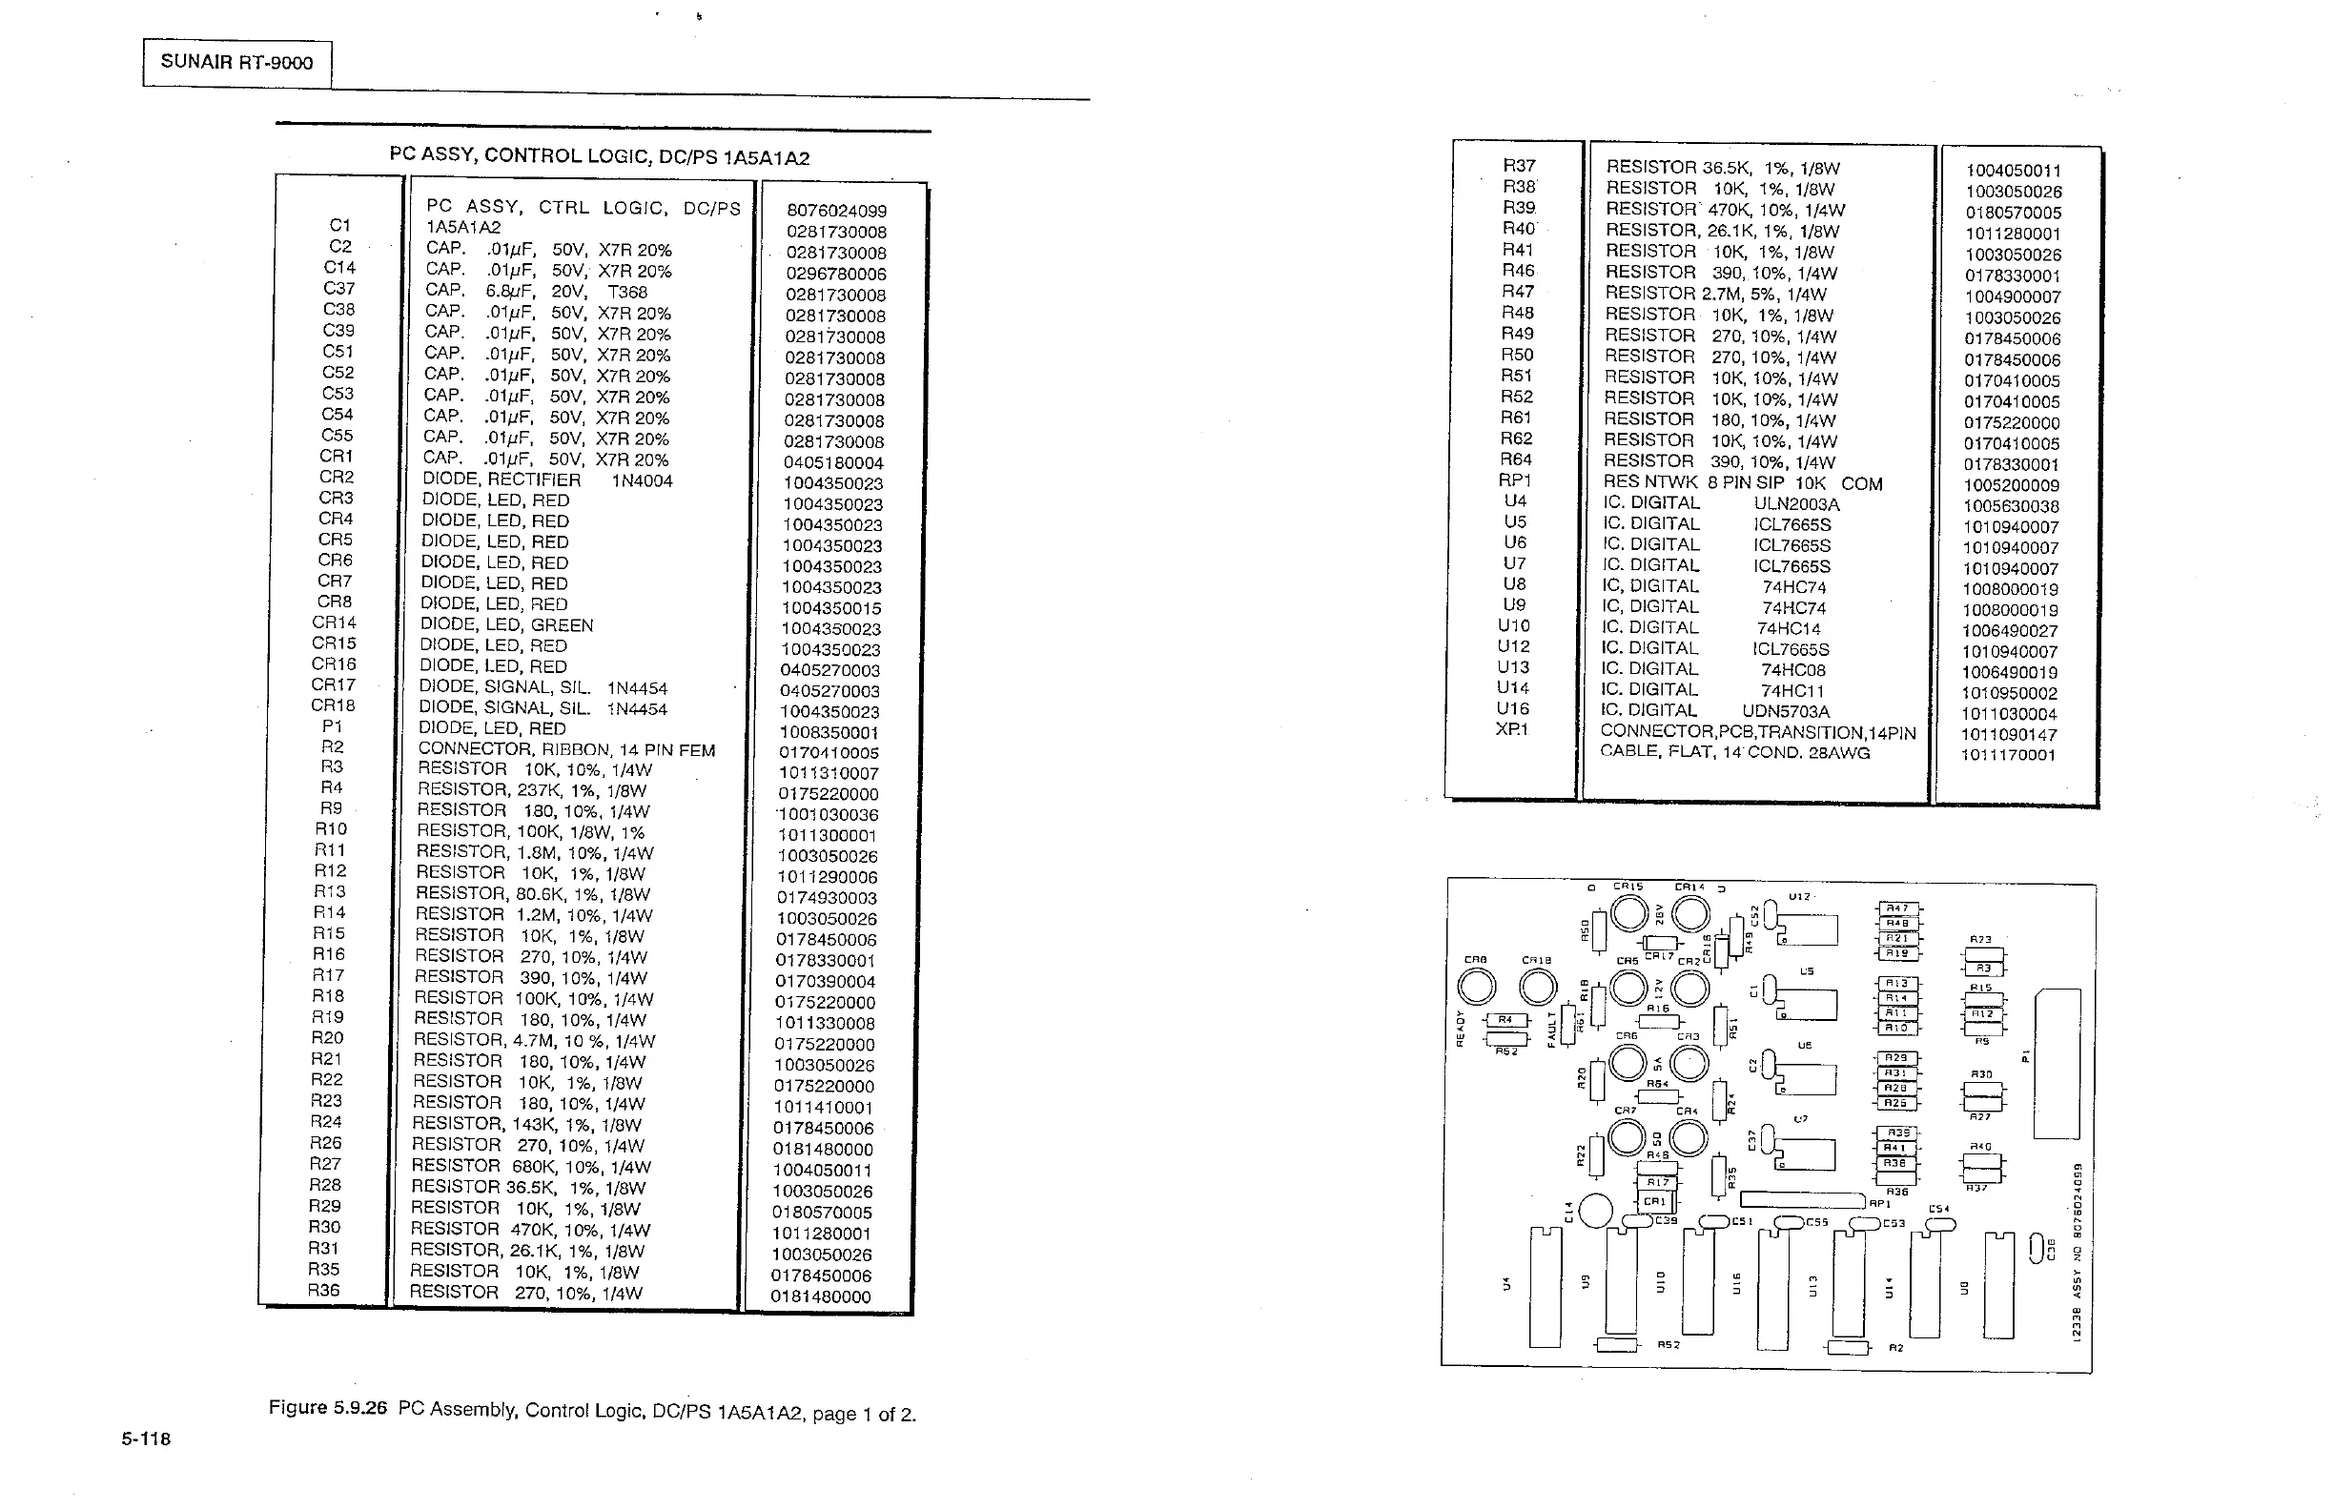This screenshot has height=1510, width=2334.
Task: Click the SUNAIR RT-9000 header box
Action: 236,63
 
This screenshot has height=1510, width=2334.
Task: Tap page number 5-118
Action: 146,1439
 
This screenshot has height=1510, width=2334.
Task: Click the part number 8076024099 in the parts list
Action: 836,211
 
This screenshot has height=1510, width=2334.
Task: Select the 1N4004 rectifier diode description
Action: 547,480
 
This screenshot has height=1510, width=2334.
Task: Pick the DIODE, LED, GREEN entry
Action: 506,625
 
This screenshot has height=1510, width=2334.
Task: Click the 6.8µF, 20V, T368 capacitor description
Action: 537,291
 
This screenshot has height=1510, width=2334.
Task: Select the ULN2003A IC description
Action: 1721,504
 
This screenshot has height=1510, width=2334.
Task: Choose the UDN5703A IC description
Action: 1715,711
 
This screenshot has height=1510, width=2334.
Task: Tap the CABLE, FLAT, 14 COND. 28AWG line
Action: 1735,752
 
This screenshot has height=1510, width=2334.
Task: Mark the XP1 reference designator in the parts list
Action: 1511,729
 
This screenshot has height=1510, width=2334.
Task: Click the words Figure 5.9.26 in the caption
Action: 328,1408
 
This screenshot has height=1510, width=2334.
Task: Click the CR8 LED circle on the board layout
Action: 1477,988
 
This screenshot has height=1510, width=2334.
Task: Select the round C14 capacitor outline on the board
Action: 1595,1211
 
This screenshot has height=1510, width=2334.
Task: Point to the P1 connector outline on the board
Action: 2057,1064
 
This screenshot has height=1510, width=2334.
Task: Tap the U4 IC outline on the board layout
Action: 1545,1286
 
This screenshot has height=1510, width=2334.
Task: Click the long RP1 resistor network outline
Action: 1801,1199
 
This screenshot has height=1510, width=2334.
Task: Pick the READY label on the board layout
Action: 1460,1029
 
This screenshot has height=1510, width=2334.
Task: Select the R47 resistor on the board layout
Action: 1898,908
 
